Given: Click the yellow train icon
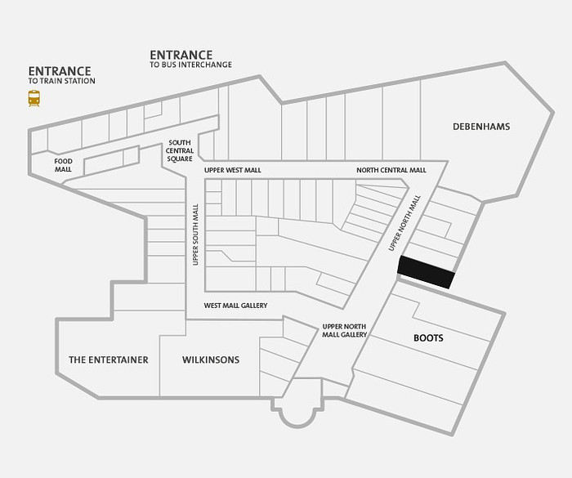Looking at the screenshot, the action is [x=34, y=99].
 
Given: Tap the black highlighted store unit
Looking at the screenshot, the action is [x=426, y=272].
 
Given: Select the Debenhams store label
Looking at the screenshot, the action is [x=481, y=127].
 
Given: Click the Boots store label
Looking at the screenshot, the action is [x=428, y=338].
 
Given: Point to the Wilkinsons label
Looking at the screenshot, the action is [x=211, y=360].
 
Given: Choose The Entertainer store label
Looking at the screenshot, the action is [x=109, y=360].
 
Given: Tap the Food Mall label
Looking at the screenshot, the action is [x=64, y=165].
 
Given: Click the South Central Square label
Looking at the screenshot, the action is [x=180, y=150].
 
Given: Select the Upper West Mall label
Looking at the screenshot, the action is [x=233, y=171].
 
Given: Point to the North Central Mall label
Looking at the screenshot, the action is [x=391, y=171].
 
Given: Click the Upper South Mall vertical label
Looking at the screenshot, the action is [x=195, y=235].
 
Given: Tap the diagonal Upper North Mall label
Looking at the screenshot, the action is [x=404, y=223].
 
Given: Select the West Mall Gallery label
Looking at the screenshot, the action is [x=235, y=306].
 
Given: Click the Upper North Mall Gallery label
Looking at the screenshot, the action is [x=344, y=331].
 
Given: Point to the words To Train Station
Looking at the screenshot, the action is [x=61, y=81].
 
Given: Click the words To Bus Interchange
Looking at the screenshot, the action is [x=190, y=65].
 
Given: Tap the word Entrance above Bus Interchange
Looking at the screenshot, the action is [x=181, y=55].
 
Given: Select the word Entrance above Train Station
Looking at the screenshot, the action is [x=60, y=71].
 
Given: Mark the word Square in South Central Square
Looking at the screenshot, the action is [x=180, y=159].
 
